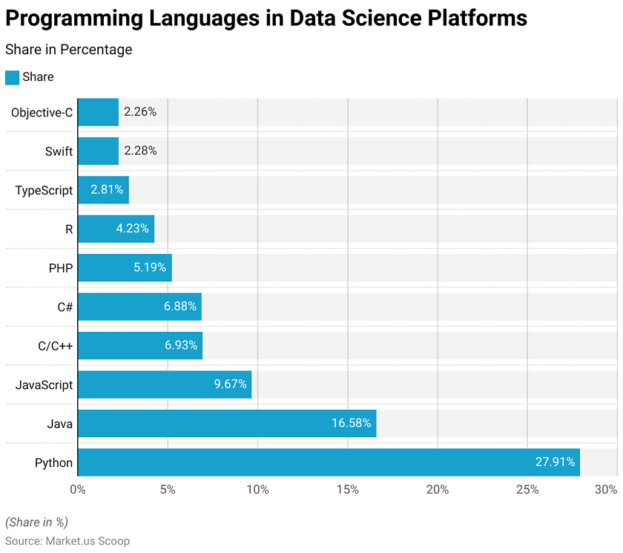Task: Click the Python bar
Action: point(329,462)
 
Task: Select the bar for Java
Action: point(227,423)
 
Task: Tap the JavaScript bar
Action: point(165,385)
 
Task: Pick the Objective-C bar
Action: point(98,112)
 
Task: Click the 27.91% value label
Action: point(555,462)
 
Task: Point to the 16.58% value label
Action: point(351,423)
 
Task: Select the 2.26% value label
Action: point(140,112)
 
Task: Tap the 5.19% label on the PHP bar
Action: point(150,268)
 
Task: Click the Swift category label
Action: point(59,151)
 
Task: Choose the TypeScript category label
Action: point(44,190)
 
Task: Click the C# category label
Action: point(65,307)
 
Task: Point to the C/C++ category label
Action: point(55,346)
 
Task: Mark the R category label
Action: point(69,229)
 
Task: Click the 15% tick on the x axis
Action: point(347,489)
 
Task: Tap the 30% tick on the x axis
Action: point(606,489)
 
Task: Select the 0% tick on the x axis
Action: point(78,489)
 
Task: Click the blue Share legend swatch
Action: point(12,77)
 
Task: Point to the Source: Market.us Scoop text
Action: point(67,541)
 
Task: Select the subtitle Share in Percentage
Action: point(68,50)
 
